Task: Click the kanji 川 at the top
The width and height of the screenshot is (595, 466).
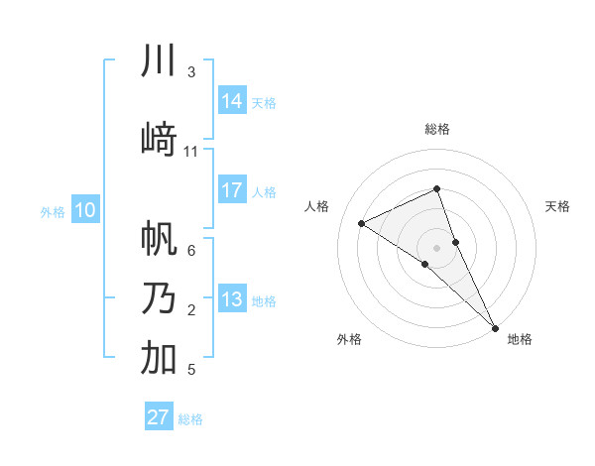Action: (159, 60)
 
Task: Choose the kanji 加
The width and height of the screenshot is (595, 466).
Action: (159, 358)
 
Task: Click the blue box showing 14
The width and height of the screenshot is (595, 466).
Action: (232, 101)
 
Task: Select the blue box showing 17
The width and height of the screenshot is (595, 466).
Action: (232, 190)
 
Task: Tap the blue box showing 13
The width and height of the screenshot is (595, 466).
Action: (232, 300)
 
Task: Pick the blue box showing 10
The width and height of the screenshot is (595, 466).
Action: (85, 210)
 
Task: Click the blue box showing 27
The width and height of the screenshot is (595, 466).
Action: (159, 417)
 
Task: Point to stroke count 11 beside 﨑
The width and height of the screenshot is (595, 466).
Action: (191, 151)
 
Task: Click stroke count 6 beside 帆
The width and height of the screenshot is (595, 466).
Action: (191, 250)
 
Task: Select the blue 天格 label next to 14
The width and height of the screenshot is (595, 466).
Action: (264, 102)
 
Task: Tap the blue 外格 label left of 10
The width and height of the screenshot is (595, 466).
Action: (53, 211)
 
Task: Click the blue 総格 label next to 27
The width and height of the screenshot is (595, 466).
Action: (190, 419)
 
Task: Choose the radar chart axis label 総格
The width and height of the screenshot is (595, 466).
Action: (436, 129)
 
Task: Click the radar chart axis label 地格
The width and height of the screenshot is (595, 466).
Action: (520, 339)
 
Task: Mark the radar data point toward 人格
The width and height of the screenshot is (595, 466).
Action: (362, 223)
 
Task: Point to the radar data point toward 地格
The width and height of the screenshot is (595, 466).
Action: (495, 326)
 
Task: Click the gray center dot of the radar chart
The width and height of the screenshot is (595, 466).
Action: (436, 246)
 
